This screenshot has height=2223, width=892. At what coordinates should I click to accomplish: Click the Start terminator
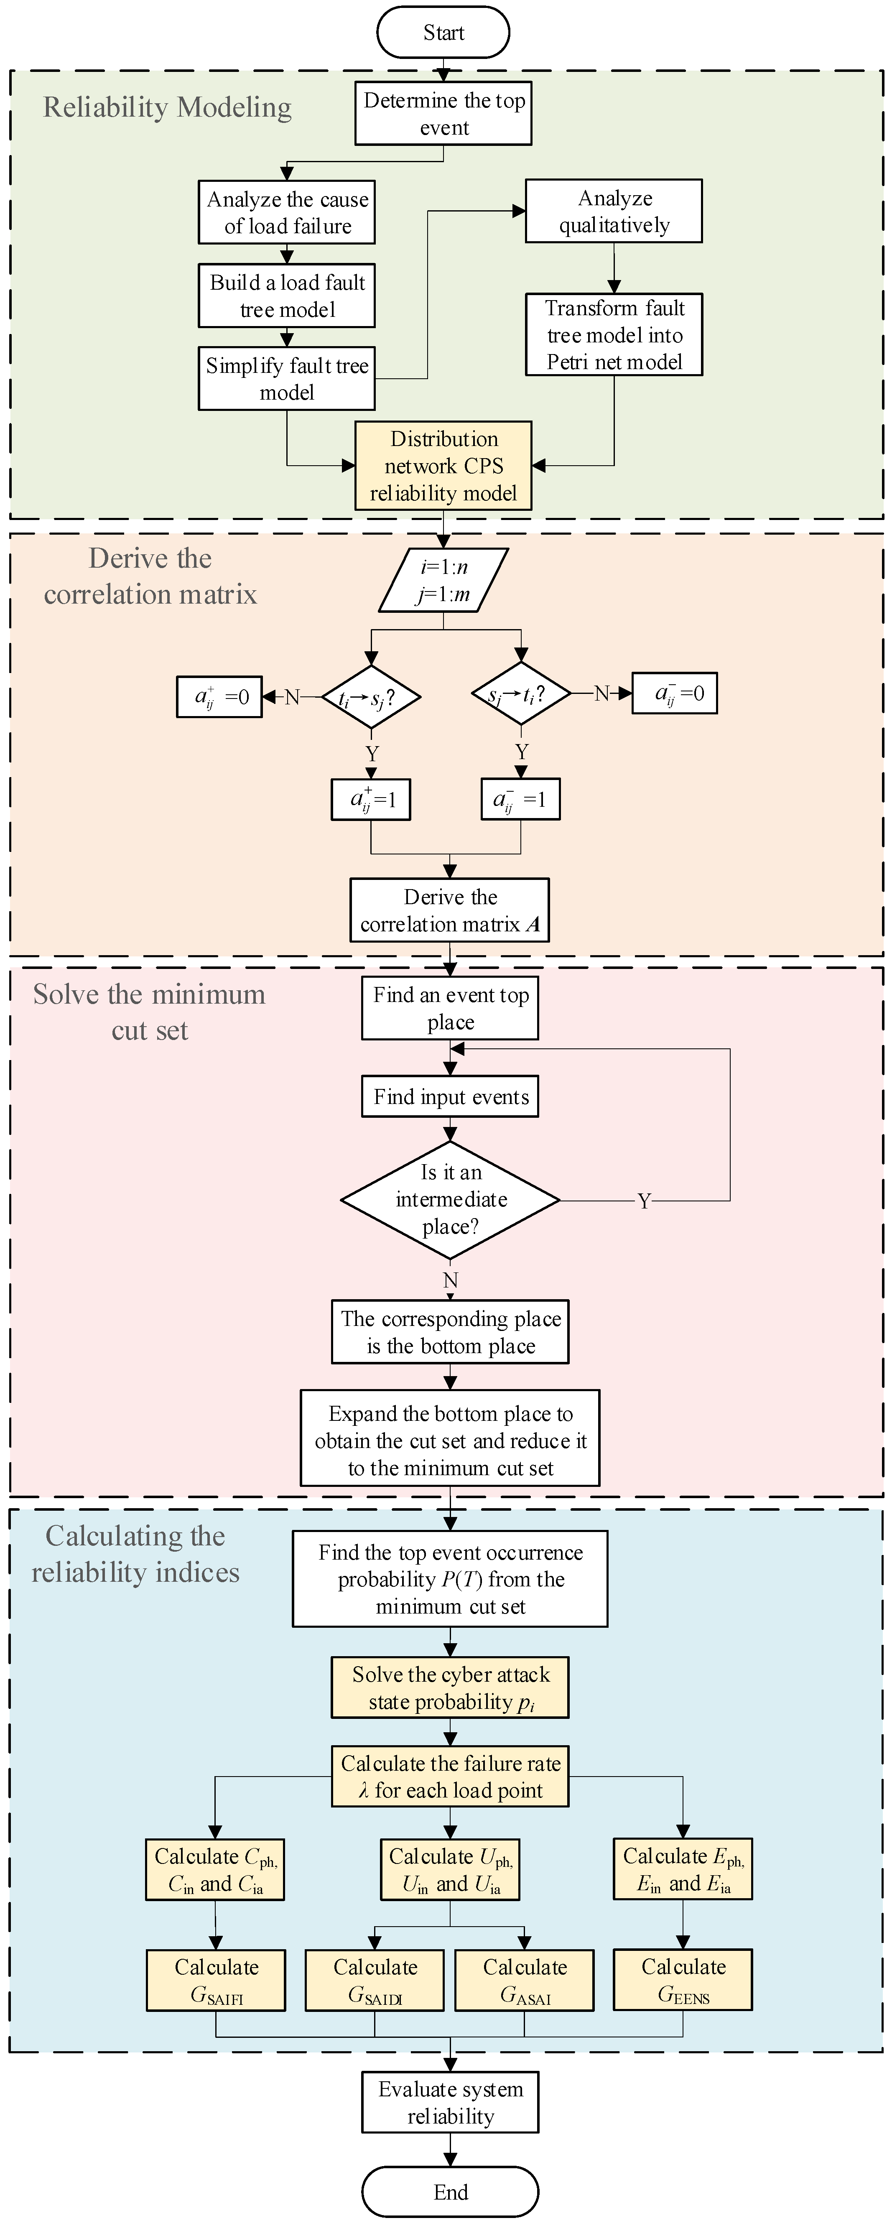click(443, 33)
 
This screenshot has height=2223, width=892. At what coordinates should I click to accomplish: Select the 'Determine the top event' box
click(443, 113)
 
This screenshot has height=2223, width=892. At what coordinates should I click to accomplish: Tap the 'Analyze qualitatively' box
click(614, 212)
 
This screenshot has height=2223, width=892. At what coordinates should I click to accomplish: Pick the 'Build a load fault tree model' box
click(287, 295)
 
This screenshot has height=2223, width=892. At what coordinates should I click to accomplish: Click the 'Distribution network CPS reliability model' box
click(443, 466)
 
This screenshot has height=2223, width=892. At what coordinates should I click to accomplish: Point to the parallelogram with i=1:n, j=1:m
click(443, 581)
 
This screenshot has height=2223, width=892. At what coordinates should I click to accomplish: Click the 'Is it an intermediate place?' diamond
click(450, 1200)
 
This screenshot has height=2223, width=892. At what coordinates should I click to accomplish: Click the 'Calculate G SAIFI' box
click(216, 1981)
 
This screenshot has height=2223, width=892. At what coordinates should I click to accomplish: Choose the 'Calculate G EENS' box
click(683, 1981)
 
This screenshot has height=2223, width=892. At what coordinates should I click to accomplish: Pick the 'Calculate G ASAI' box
click(525, 1981)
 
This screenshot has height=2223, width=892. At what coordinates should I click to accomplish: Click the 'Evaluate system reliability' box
click(450, 2102)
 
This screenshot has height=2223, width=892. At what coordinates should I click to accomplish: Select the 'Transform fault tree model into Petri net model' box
click(614, 335)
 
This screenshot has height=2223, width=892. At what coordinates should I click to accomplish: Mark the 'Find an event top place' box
click(450, 1008)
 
